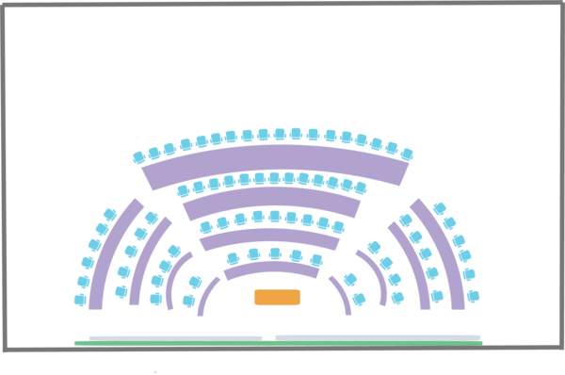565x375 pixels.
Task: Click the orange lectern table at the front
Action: pyautogui.click(x=278, y=297)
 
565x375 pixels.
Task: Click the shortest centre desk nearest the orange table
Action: pyautogui.click(x=271, y=270)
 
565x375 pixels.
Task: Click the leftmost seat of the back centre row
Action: pyautogui.click(x=140, y=156)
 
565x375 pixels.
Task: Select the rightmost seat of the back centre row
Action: pyautogui.click(x=407, y=154)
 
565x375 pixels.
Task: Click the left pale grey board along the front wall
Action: pyautogui.click(x=175, y=336)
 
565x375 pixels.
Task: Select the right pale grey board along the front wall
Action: pyautogui.click(x=377, y=336)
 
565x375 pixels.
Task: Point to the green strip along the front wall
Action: pyautogui.click(x=278, y=343)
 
